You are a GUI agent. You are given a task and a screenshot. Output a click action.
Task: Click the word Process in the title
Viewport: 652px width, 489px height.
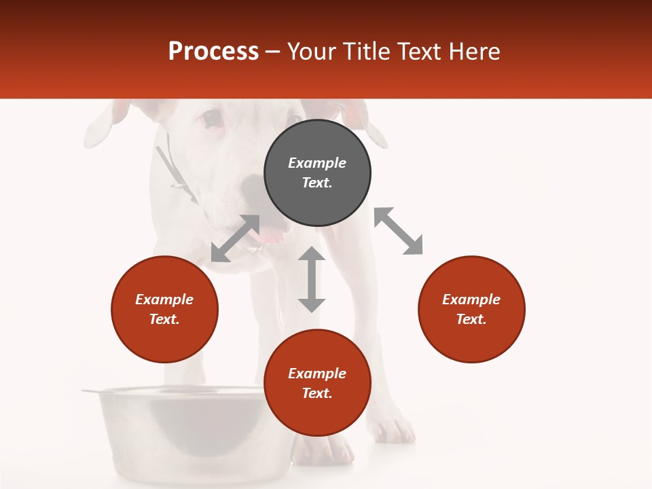213,52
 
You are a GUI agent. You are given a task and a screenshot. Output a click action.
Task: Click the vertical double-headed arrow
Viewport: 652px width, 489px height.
312,279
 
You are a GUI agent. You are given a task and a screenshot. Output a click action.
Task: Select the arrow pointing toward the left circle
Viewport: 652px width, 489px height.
235,238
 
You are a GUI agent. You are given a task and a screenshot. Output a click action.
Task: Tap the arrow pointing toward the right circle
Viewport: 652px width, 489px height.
398,232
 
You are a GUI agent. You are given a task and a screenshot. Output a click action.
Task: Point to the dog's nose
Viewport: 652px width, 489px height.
253,186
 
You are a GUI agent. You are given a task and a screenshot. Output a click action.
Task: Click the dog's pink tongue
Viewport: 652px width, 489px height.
272,235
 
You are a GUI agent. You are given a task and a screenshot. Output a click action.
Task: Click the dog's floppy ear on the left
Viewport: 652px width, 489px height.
102,126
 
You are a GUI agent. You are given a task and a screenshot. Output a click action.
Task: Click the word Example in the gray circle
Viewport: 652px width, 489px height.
317,163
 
